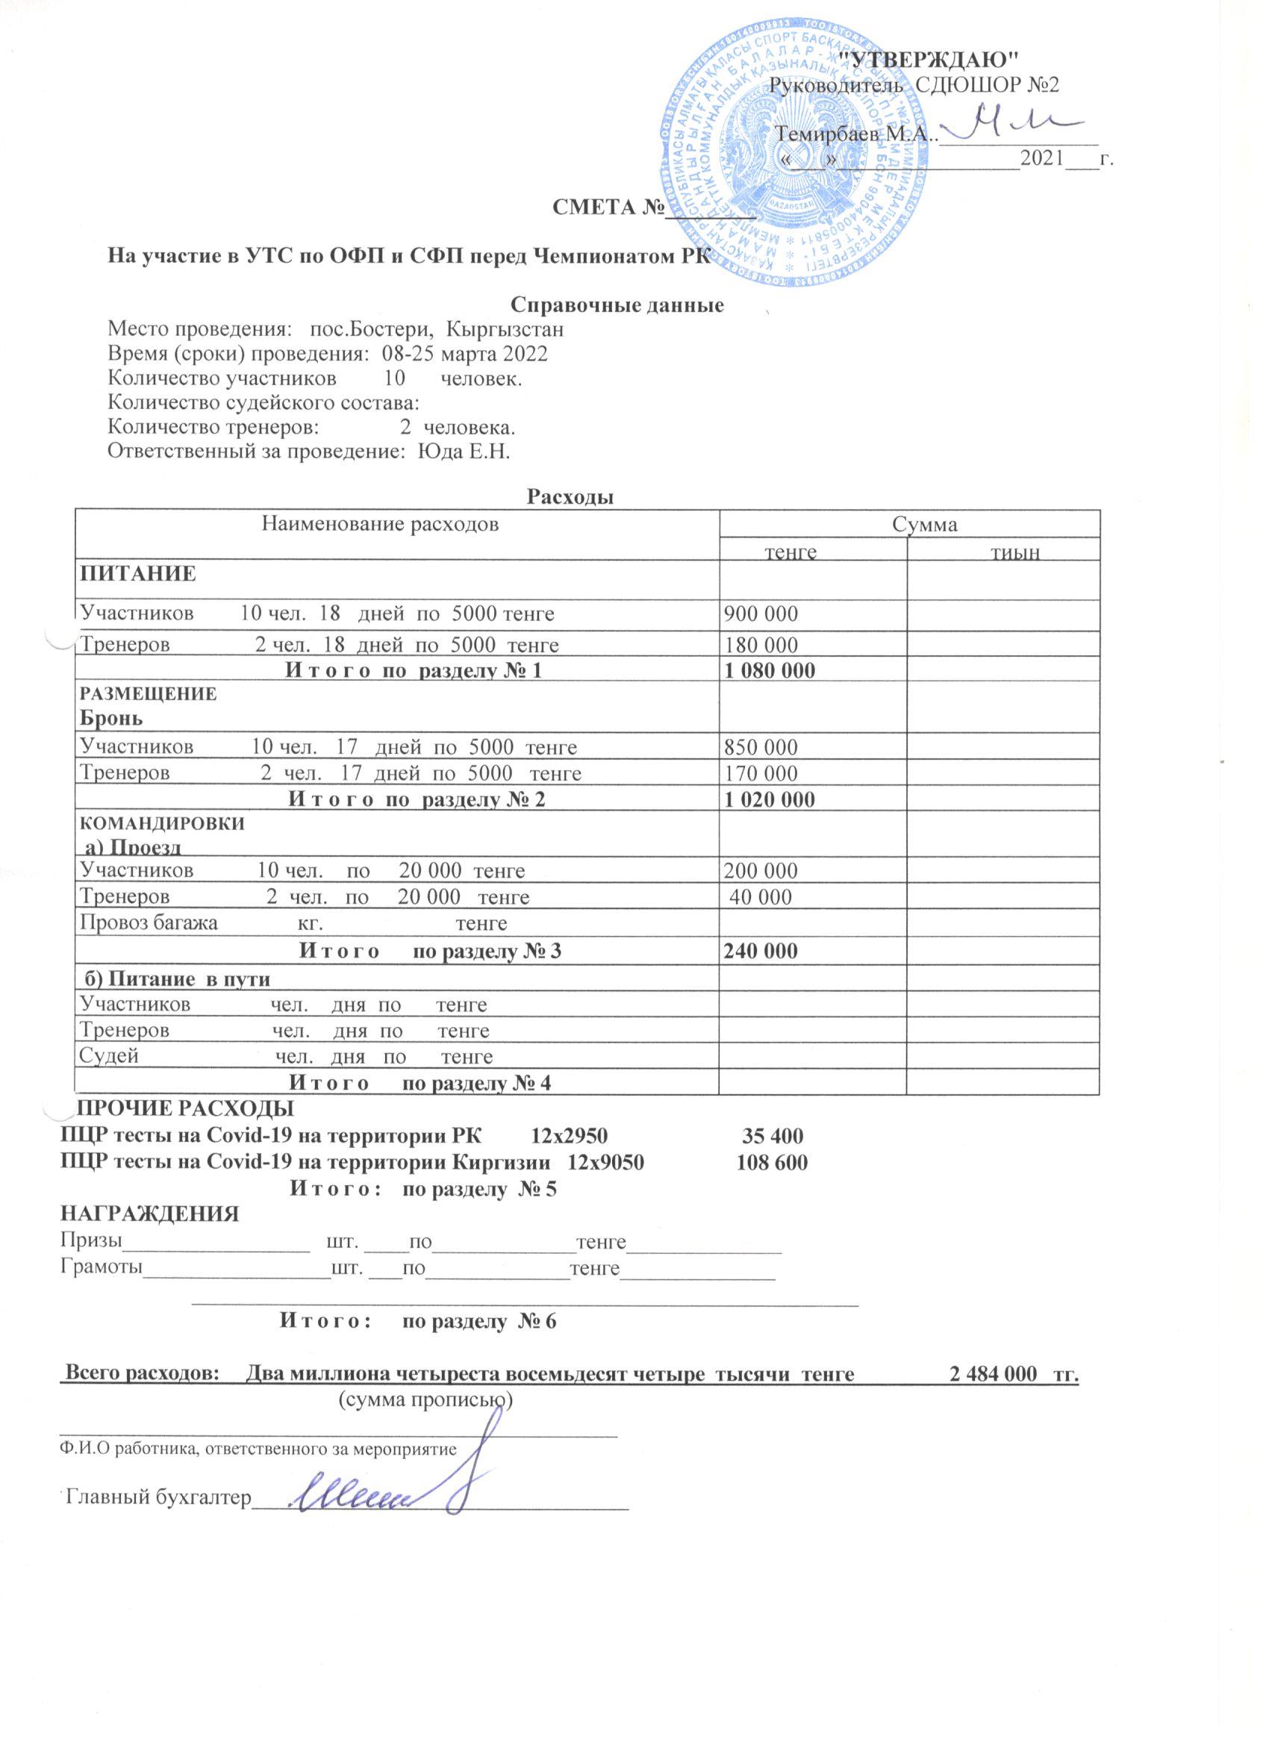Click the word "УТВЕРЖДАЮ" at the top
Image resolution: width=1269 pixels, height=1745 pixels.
[x=927, y=58]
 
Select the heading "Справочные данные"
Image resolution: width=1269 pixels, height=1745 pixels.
[x=617, y=305]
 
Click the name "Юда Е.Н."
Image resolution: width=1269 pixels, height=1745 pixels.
[x=464, y=451]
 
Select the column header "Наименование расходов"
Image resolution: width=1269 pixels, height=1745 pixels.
[x=380, y=525]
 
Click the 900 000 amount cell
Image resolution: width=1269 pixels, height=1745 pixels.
[x=760, y=614]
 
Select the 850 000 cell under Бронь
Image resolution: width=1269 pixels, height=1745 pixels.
[x=760, y=746]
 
